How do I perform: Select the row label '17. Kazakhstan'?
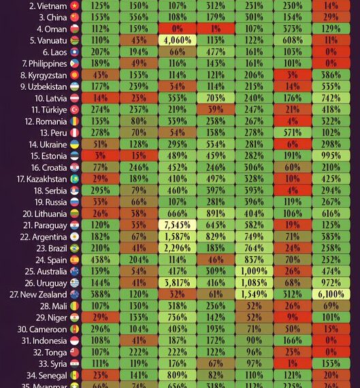(39, 178)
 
